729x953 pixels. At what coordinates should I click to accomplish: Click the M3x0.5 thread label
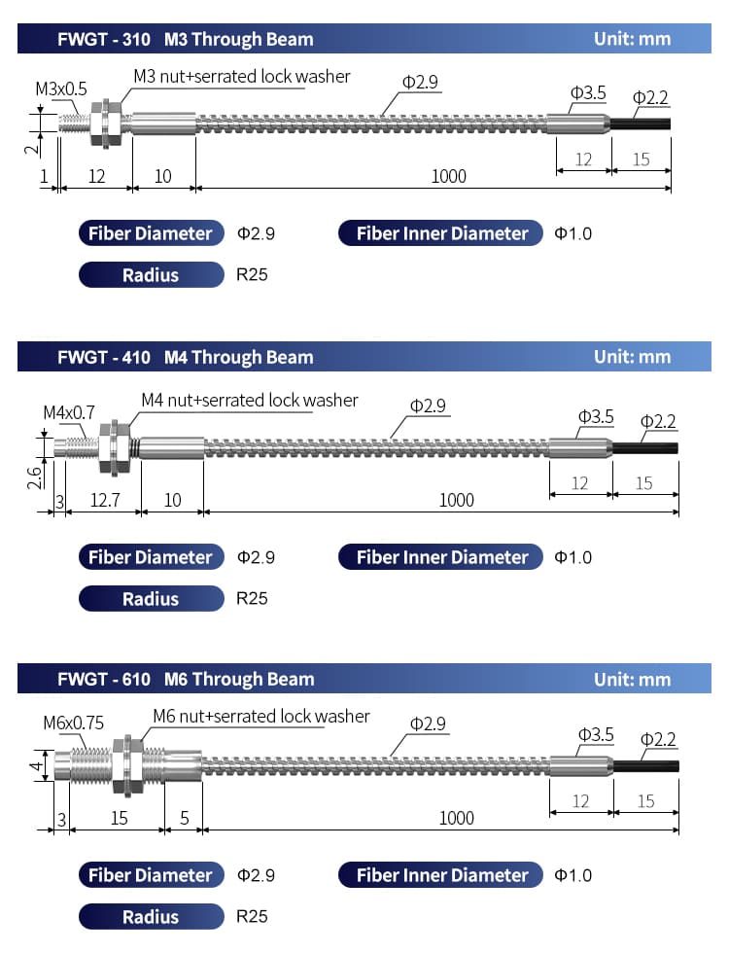click(x=60, y=88)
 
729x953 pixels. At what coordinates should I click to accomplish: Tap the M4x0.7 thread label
click(x=69, y=412)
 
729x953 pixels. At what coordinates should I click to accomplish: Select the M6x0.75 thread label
click(x=73, y=723)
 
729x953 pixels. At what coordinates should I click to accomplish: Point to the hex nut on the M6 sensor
click(x=127, y=764)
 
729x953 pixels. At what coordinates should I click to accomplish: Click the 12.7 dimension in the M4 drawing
click(x=105, y=500)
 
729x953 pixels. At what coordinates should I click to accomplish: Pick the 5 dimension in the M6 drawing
click(x=184, y=818)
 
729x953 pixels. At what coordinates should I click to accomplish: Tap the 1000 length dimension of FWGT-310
click(x=448, y=176)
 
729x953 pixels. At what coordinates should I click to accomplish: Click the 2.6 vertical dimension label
click(x=35, y=477)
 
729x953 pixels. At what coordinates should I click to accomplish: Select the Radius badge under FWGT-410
click(x=152, y=599)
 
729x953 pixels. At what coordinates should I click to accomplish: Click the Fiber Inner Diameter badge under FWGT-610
click(x=440, y=875)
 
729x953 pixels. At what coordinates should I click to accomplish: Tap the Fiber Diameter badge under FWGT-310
click(x=152, y=233)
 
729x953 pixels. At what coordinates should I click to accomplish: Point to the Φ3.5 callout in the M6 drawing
click(x=595, y=735)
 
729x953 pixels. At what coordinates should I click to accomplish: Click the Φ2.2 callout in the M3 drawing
click(x=650, y=98)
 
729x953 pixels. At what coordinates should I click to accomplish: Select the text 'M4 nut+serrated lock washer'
click(x=250, y=400)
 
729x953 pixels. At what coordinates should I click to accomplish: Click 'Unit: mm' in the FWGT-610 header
click(x=633, y=679)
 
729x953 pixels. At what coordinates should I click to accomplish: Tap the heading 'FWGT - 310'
click(x=104, y=40)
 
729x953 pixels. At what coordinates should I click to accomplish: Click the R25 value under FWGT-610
click(x=252, y=916)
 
